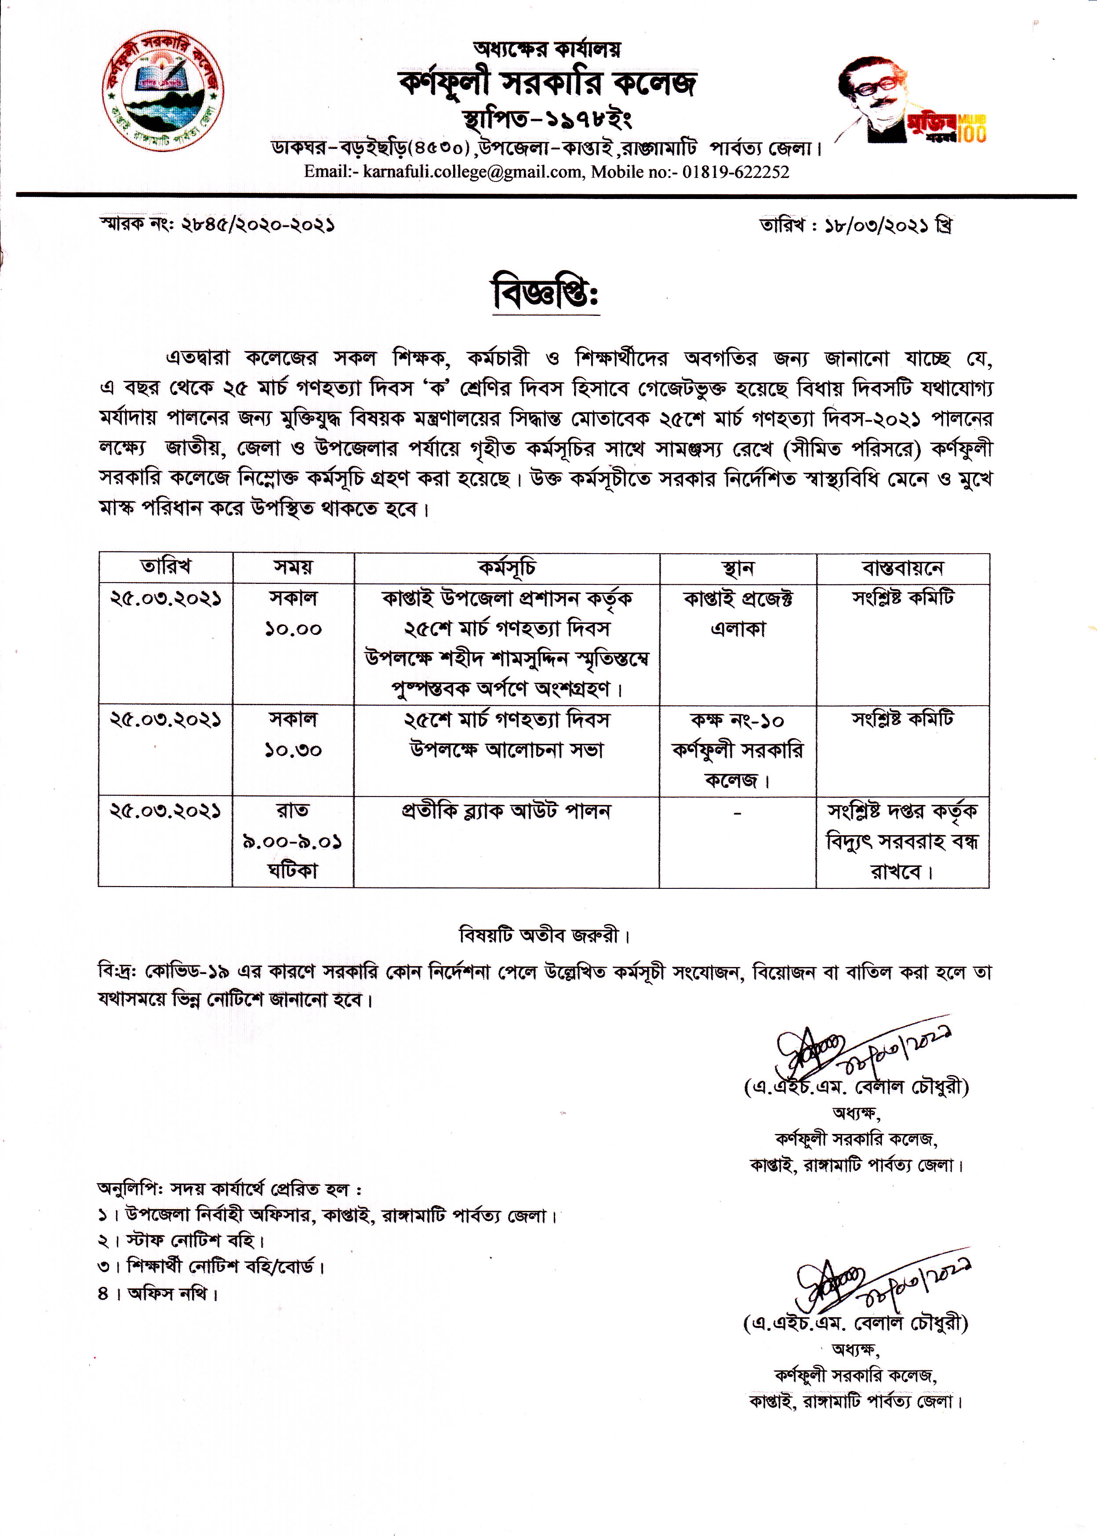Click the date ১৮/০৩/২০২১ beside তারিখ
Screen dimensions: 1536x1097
(x=878, y=225)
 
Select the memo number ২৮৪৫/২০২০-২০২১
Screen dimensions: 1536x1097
(x=258, y=224)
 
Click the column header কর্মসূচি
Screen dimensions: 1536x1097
(x=507, y=568)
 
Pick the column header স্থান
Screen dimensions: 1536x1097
(x=737, y=568)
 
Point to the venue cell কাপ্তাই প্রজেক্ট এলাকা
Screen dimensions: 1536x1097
(x=737, y=613)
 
